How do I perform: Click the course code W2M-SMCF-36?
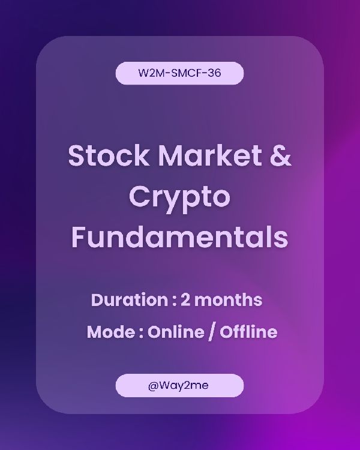[180, 73]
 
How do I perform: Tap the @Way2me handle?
[178, 385]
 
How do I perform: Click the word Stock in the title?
[109, 155]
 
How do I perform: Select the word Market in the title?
[210, 155]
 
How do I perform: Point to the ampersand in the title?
[281, 155]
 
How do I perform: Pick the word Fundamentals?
[180, 238]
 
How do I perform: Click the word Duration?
[130, 299]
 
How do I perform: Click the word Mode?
[111, 332]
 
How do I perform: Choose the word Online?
[176, 332]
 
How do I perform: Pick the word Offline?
[248, 332]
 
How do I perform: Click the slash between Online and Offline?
[212, 332]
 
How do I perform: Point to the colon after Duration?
[175, 301]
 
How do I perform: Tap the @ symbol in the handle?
[154, 386]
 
